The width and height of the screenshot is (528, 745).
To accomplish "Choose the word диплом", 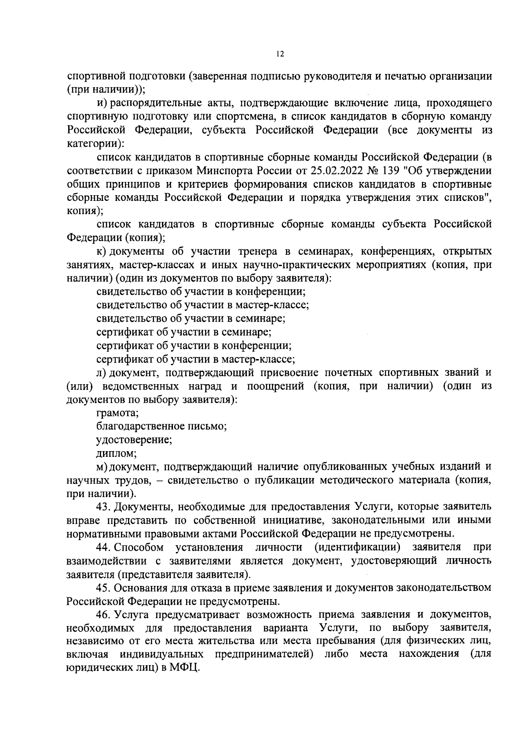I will point(116,453).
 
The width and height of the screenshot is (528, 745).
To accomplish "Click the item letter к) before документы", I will point(102,252).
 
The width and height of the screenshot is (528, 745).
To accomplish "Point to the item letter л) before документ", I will point(102,373).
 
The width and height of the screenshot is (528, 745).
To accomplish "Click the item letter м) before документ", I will point(102,467).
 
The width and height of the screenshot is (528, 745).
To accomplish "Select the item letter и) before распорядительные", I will point(102,103).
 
